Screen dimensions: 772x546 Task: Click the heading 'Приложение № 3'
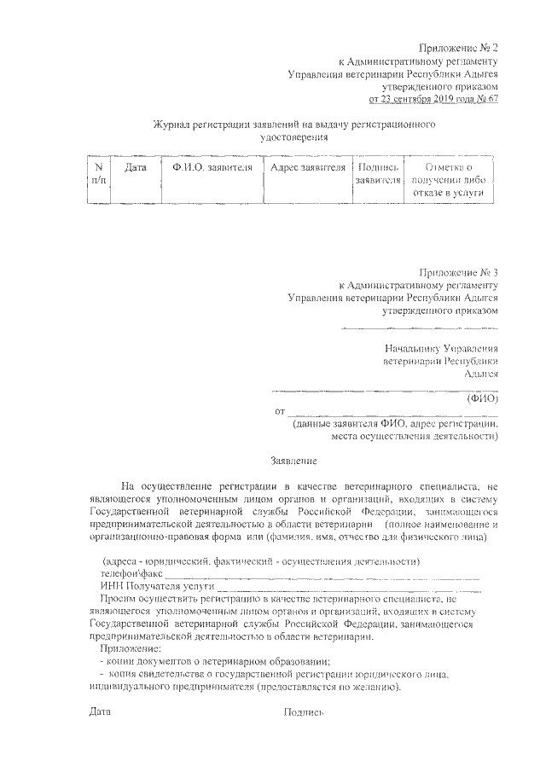[458, 271]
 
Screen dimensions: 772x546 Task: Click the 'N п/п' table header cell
[99, 175]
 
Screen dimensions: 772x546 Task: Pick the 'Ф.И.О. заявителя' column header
[211, 168]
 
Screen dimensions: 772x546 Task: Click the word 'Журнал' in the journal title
[173, 125]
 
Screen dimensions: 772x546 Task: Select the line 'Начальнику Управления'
[441, 348]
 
